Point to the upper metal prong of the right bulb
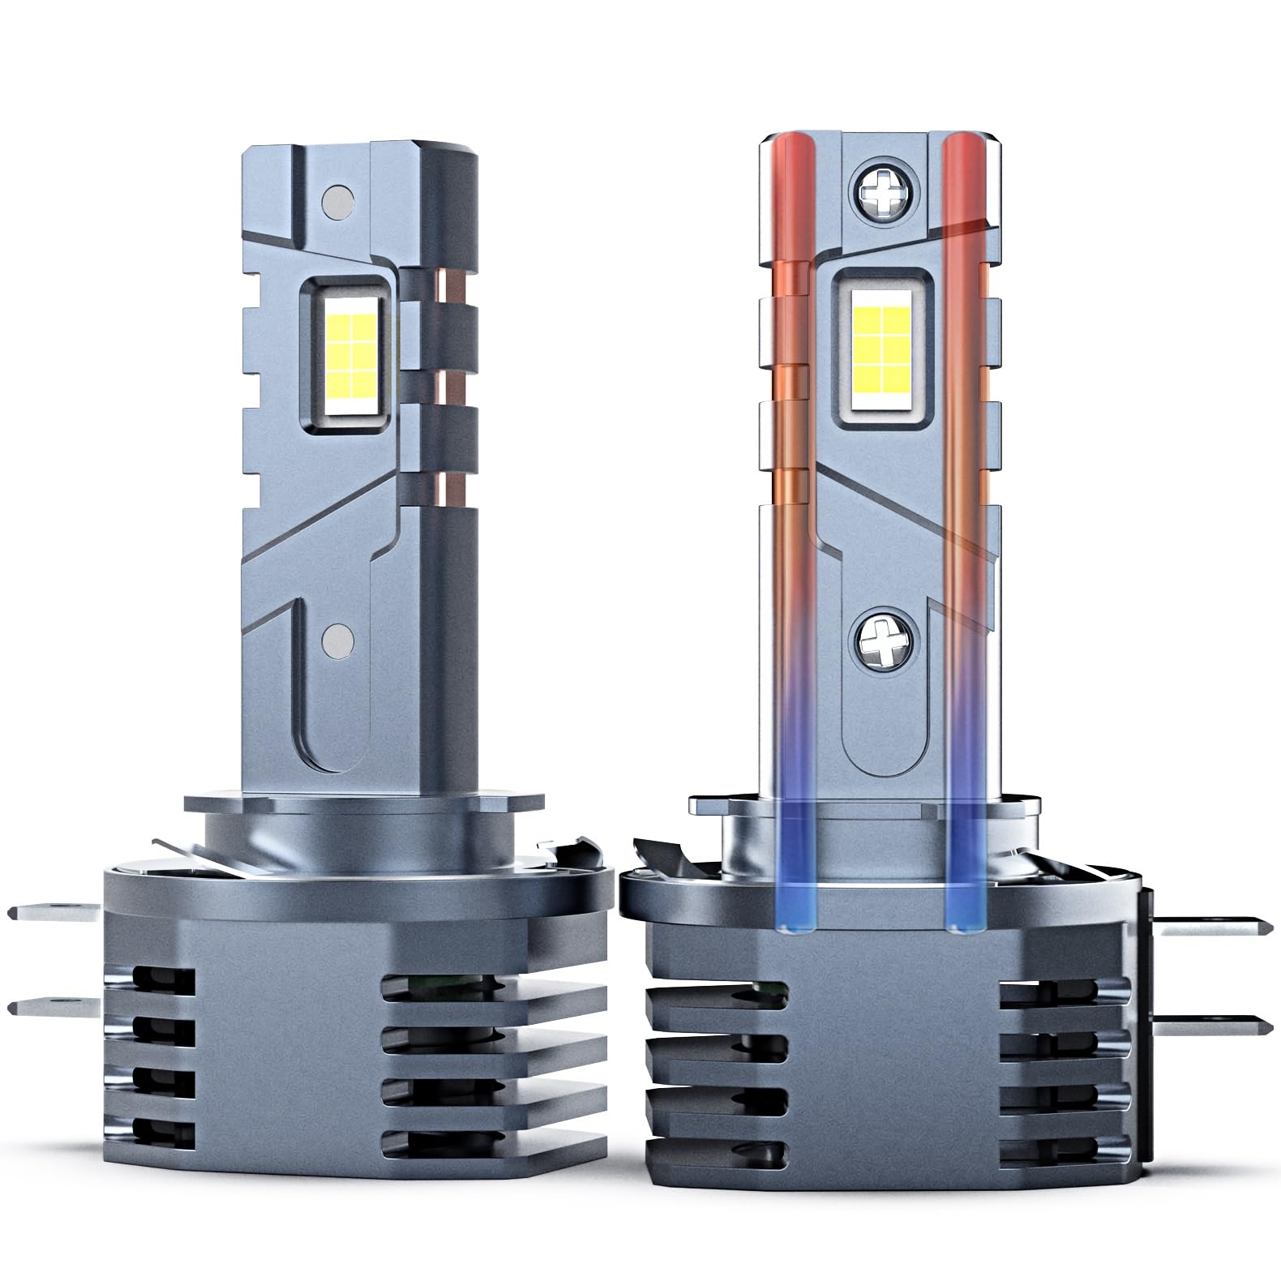pos(1208,924)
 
